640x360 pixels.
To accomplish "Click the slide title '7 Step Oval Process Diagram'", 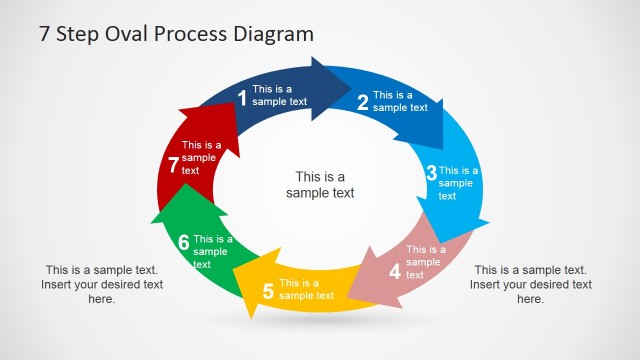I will pos(176,34).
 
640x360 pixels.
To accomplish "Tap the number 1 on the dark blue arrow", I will pos(241,97).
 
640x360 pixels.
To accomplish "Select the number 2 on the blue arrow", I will pos(362,101).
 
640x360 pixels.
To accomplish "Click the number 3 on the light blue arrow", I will pos(431,173).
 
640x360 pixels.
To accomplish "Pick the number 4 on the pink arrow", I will pos(394,271).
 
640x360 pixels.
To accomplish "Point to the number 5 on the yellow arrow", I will pos(267,292).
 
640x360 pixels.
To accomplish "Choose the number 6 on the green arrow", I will pos(183,242).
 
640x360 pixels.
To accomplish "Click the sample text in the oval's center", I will pos(320,185).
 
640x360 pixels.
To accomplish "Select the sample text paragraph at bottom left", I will pos(102,284).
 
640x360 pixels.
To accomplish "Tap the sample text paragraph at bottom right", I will pos(530,284).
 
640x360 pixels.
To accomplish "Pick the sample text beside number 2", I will pos(400,101).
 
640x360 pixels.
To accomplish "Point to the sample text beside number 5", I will pos(306,289).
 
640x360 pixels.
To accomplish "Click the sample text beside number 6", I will pos(212,252).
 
